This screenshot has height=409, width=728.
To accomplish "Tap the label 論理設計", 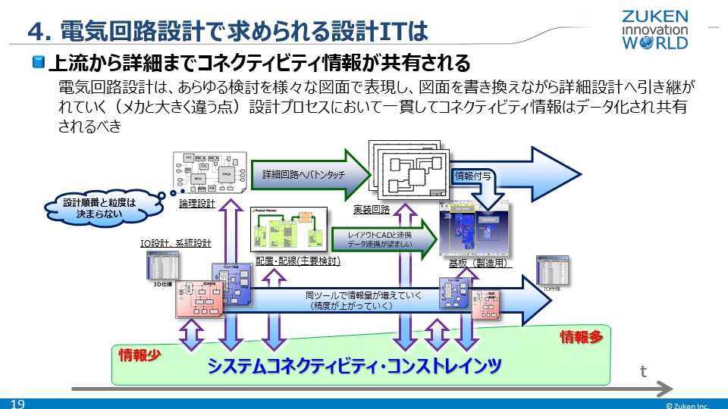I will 197,204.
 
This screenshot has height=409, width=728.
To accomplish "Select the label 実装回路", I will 371,209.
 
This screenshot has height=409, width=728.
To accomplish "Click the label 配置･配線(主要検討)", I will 297,261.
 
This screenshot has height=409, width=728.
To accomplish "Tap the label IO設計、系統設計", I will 176,243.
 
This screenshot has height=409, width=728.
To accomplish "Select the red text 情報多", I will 580,337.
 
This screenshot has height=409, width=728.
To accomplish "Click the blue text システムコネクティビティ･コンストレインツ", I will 355,366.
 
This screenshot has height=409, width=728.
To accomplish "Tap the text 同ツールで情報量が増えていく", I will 362,295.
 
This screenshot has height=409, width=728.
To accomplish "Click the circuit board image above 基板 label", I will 475,229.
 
